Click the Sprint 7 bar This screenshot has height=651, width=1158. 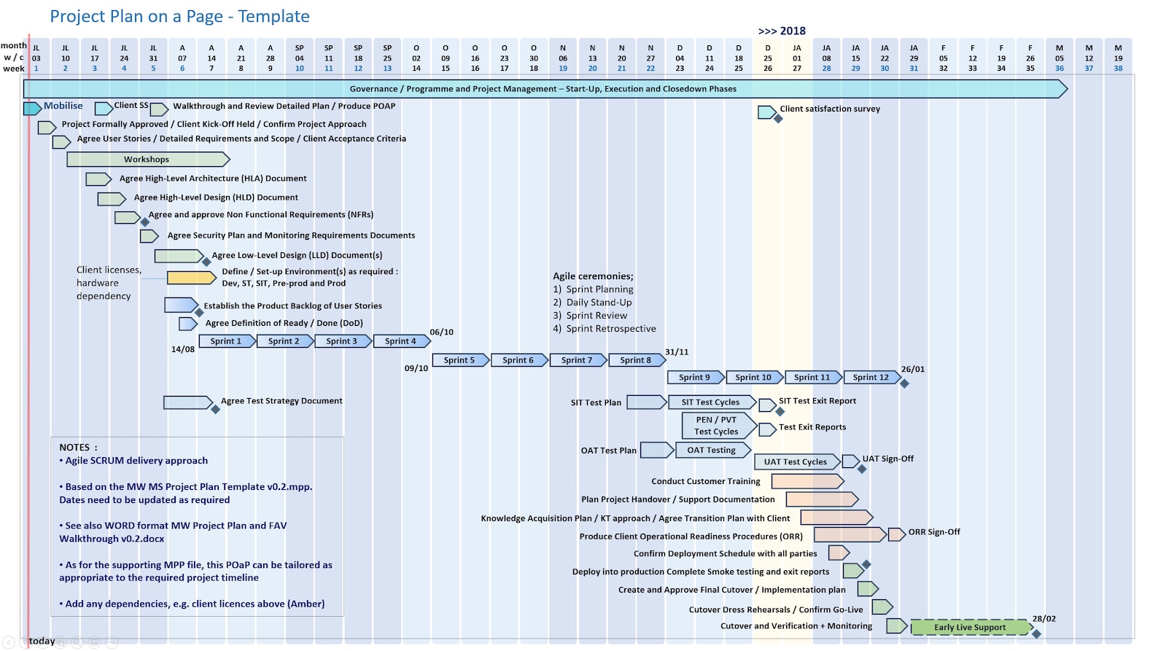pos(577,360)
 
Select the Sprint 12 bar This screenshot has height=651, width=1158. pos(871,378)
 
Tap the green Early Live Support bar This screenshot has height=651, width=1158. pos(970,627)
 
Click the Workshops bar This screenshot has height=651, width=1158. pos(147,160)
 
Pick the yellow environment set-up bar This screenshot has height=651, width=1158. pos(191,278)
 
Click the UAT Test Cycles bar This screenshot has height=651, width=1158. pos(796,462)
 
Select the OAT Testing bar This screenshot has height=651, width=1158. pos(712,451)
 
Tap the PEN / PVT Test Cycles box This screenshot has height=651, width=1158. pos(717,426)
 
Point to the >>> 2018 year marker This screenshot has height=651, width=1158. pos(782,31)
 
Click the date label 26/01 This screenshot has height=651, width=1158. pos(912,369)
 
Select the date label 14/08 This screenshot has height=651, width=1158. pos(182,349)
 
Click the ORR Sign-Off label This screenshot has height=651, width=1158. pos(933,532)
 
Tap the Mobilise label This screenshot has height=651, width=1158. pos(63,106)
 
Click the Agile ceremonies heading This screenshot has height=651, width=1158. pos(593,276)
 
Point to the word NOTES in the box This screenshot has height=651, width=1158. pos(74,448)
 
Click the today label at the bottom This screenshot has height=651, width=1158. pos(42,641)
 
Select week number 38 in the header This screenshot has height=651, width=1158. pos(1118,69)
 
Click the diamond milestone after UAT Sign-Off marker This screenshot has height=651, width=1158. pos(862,469)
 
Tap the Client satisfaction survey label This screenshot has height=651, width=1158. pos(830,109)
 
